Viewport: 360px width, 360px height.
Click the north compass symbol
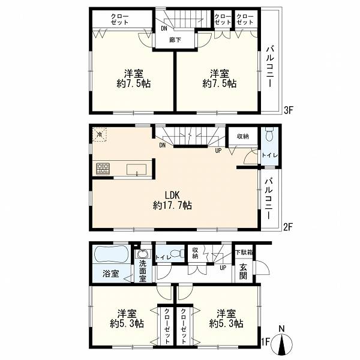click(282, 342)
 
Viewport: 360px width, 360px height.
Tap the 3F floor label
click(289, 110)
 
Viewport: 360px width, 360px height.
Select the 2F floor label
click(288, 227)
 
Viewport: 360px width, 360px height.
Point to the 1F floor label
click(265, 342)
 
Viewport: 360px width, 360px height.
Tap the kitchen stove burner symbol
click(103, 169)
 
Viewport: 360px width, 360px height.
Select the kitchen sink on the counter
click(137, 170)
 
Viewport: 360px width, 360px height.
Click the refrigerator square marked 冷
click(100, 135)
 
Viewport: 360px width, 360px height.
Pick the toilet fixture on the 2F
click(269, 135)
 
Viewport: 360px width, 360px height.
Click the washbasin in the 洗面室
click(142, 254)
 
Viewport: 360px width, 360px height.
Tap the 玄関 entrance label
click(244, 272)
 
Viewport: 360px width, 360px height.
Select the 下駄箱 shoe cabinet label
click(244, 253)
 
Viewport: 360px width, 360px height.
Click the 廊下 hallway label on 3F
click(175, 40)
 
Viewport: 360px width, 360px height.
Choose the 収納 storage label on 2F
click(243, 136)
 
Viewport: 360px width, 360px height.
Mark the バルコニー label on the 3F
click(270, 67)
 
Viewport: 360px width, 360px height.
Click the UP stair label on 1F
click(223, 268)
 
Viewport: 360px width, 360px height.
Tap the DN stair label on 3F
click(164, 29)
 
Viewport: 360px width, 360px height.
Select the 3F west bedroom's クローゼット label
click(119, 20)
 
